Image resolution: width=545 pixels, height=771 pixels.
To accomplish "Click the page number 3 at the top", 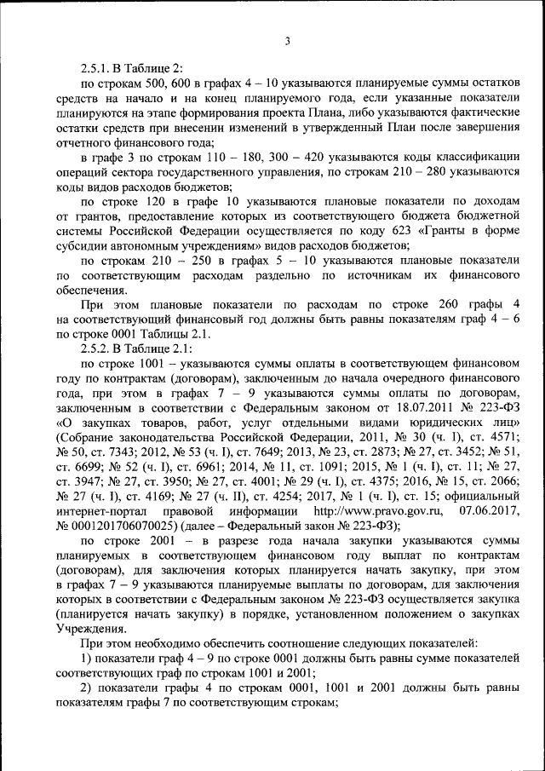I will coord(288,42).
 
